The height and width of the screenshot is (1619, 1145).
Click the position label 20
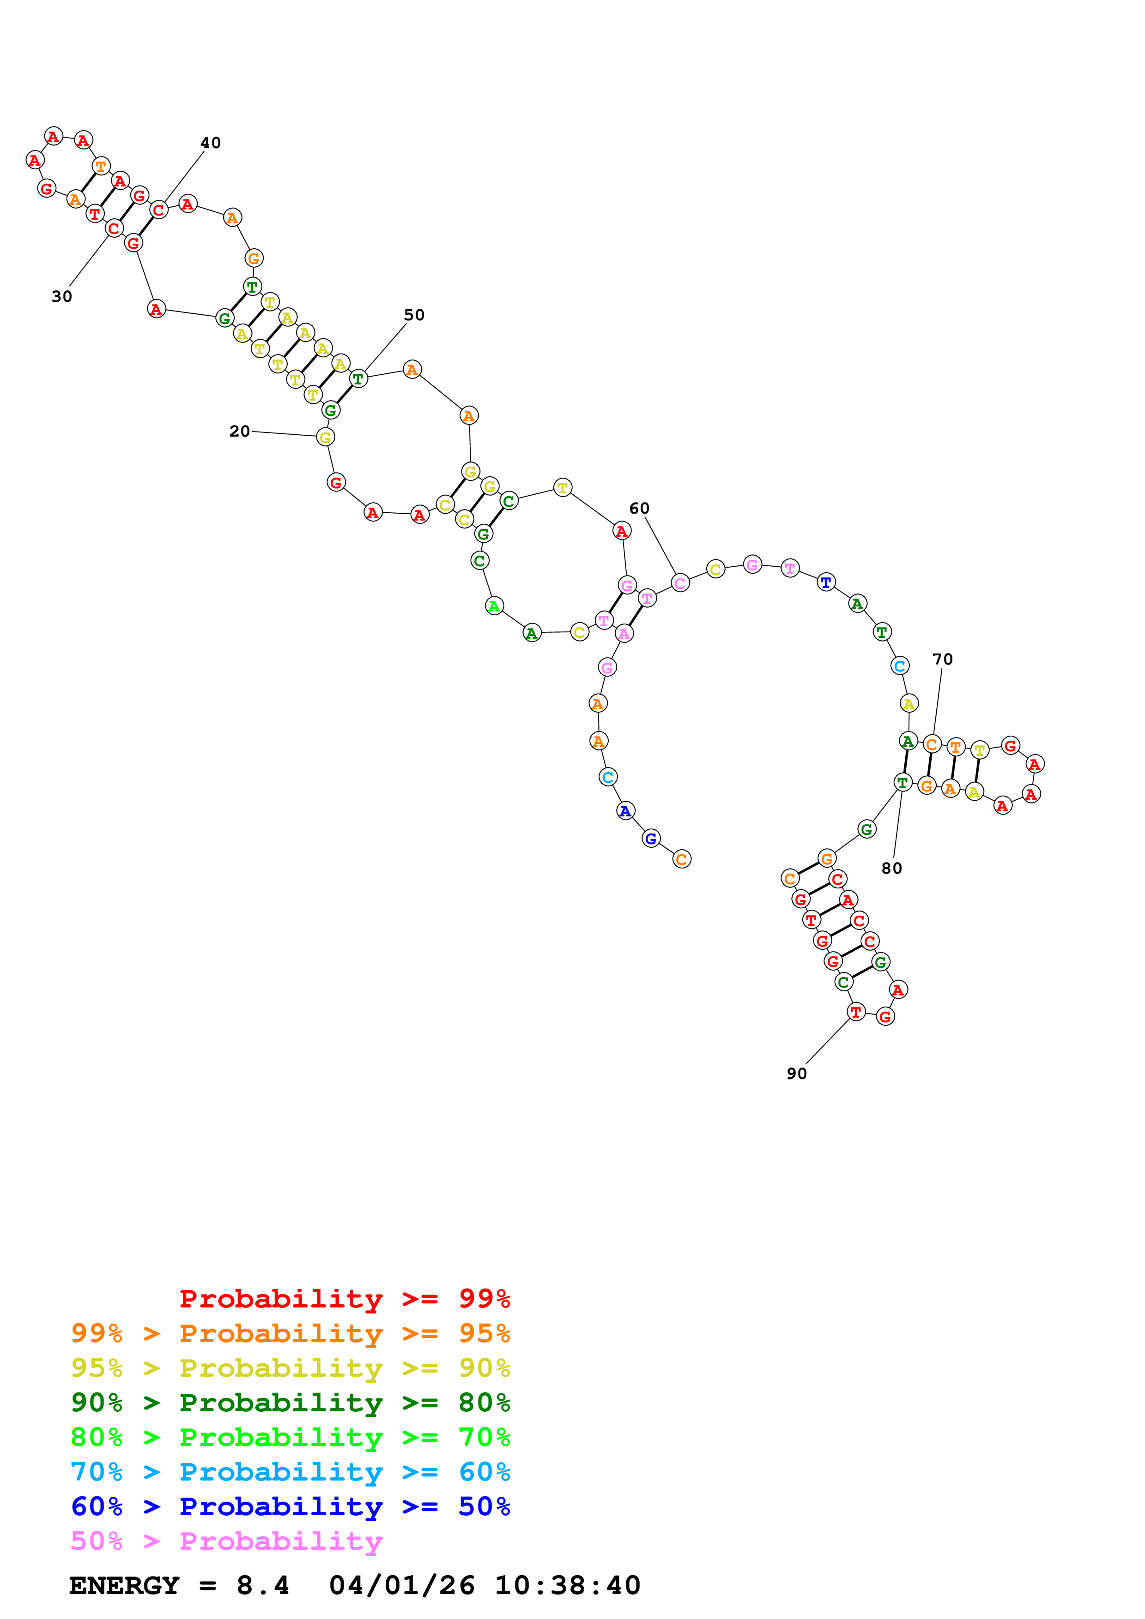click(x=239, y=431)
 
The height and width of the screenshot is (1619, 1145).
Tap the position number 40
click(x=210, y=143)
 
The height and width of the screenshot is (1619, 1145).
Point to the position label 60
click(x=638, y=509)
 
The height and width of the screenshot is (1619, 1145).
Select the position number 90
click(x=796, y=1073)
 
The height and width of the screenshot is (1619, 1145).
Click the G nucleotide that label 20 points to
click(x=325, y=437)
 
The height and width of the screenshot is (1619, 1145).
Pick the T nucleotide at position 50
click(x=358, y=378)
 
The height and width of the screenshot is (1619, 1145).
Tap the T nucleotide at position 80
click(x=903, y=782)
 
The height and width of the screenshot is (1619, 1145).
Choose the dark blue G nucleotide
click(x=650, y=839)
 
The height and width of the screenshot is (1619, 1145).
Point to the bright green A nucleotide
click(x=495, y=606)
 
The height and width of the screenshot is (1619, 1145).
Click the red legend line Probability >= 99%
click(x=344, y=1299)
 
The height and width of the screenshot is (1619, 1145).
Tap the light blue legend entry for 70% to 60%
click(x=290, y=1472)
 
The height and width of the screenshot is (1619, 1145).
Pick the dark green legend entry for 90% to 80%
click(x=290, y=1403)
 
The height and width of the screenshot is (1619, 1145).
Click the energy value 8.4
click(x=262, y=1586)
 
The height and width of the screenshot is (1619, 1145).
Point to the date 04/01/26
click(x=401, y=1586)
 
